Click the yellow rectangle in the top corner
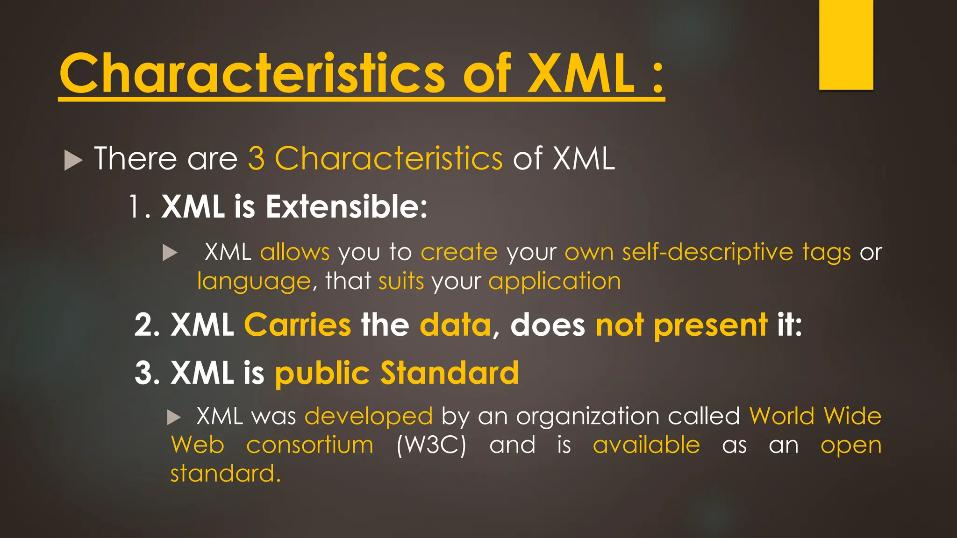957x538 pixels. (846, 44)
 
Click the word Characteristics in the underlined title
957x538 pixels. (252, 74)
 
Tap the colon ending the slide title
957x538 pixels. (657, 78)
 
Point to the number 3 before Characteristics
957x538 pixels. (256, 159)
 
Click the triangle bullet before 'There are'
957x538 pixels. (73, 160)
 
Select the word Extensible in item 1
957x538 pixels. (346, 206)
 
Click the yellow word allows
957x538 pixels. (295, 253)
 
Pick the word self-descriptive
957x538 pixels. (707, 253)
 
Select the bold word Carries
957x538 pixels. (297, 325)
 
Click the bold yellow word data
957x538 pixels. (455, 325)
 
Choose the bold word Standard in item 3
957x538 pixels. (449, 373)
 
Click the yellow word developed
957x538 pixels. (369, 416)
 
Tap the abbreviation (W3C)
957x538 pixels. (431, 445)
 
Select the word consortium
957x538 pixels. (310, 445)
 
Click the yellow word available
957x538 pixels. (646, 445)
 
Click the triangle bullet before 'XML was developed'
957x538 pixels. (174, 417)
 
